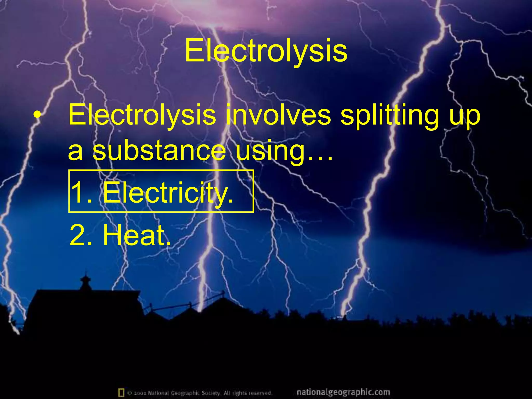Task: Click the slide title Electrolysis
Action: (x=266, y=51)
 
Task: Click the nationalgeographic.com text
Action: (x=343, y=392)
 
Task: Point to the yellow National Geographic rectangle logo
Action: (x=121, y=392)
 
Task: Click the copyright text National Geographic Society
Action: (x=185, y=393)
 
